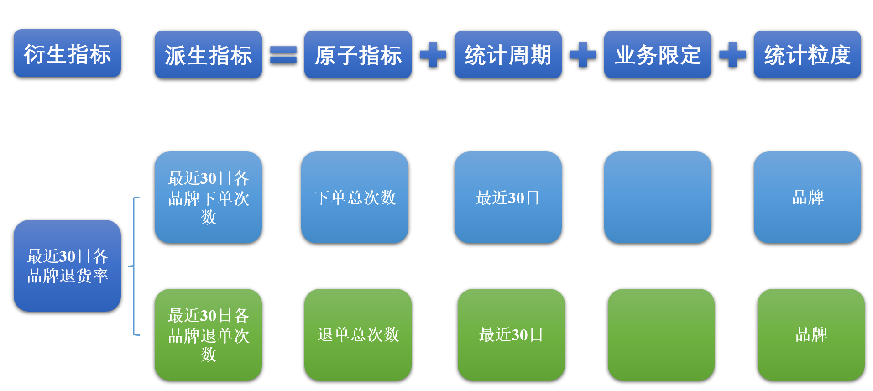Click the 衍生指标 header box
point(67,53)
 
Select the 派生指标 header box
point(208,55)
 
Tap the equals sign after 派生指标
point(283,55)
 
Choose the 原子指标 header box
point(358,55)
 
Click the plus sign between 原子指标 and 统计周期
point(433,55)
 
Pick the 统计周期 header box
point(508,55)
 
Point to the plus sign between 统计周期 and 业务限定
point(583,55)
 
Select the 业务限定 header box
point(658,55)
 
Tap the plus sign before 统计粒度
point(732,55)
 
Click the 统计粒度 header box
point(807,55)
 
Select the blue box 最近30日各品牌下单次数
point(208,197)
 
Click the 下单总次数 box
point(355,197)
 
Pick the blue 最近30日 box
point(508,197)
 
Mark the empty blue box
point(658,197)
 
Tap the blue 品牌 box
point(807,197)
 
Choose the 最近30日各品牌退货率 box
point(67,266)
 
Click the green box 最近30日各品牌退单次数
point(208,334)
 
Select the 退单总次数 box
point(358,334)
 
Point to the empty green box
point(661,334)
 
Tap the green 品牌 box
point(811,334)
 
